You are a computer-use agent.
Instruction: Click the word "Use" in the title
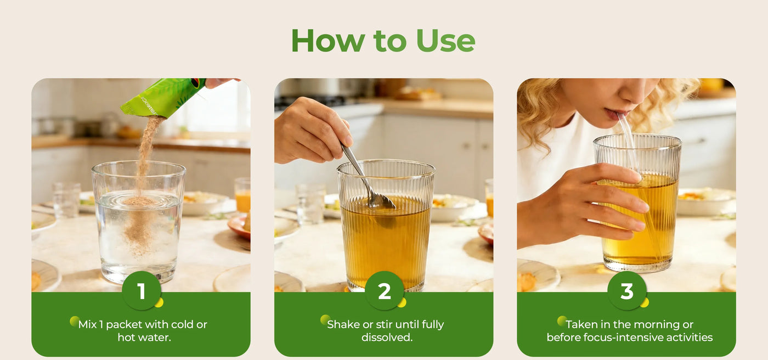[445, 41]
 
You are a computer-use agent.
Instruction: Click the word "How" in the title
[328, 41]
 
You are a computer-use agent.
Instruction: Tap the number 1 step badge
[142, 291]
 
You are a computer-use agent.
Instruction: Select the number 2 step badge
[385, 291]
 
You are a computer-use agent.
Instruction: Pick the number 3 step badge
[627, 291]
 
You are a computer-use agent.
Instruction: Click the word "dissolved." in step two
[387, 337]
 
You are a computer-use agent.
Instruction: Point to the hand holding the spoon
[310, 130]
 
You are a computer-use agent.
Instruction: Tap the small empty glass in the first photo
[66, 200]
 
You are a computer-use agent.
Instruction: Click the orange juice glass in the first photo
[242, 195]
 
